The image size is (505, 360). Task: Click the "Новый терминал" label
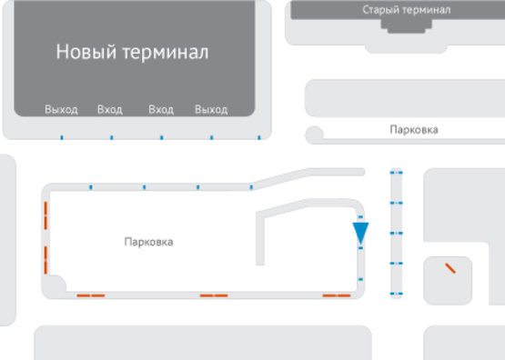coord(132,52)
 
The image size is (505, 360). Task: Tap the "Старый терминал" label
coord(406,10)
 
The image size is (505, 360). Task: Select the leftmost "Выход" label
coord(61,110)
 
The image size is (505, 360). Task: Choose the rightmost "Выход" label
coord(211,110)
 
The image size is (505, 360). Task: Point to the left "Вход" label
coord(109,110)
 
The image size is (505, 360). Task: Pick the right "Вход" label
coord(161,110)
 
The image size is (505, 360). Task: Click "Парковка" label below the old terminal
coord(413,130)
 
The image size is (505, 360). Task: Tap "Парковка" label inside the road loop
coord(148,243)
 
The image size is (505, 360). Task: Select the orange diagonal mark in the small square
coord(449,268)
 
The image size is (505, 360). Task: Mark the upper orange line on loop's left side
coord(45,219)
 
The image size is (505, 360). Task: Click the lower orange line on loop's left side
coord(45,259)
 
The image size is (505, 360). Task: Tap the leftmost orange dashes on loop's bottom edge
coord(90,295)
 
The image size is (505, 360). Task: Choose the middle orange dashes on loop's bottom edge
coord(214,295)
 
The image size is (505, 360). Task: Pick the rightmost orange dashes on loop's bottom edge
coord(337,295)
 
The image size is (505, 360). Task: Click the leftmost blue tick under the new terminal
coord(61,138)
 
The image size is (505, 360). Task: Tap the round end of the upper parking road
coord(315,135)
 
